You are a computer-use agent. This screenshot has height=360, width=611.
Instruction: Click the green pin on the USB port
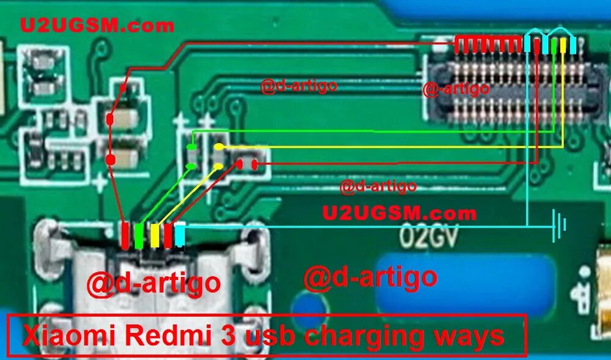point(140,236)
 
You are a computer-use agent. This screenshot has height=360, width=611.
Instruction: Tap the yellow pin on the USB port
point(155,235)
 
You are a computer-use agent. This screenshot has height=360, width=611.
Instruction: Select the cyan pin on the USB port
point(180,235)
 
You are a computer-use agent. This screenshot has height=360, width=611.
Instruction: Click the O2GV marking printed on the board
point(428,235)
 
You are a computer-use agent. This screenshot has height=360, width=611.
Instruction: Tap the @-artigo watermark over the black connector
point(456,89)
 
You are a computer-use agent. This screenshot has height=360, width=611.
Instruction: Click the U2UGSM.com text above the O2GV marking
point(399,213)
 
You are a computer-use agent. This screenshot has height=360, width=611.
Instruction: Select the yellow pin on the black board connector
point(563,45)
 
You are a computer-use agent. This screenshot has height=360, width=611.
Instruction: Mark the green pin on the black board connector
point(554,45)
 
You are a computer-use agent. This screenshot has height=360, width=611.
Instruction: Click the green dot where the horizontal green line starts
point(191,147)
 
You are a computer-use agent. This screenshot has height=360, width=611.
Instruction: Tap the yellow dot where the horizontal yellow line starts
point(219,147)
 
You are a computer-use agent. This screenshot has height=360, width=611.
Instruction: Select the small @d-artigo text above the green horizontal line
point(299,86)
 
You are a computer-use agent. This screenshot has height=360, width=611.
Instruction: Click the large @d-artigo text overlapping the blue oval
point(370,277)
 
